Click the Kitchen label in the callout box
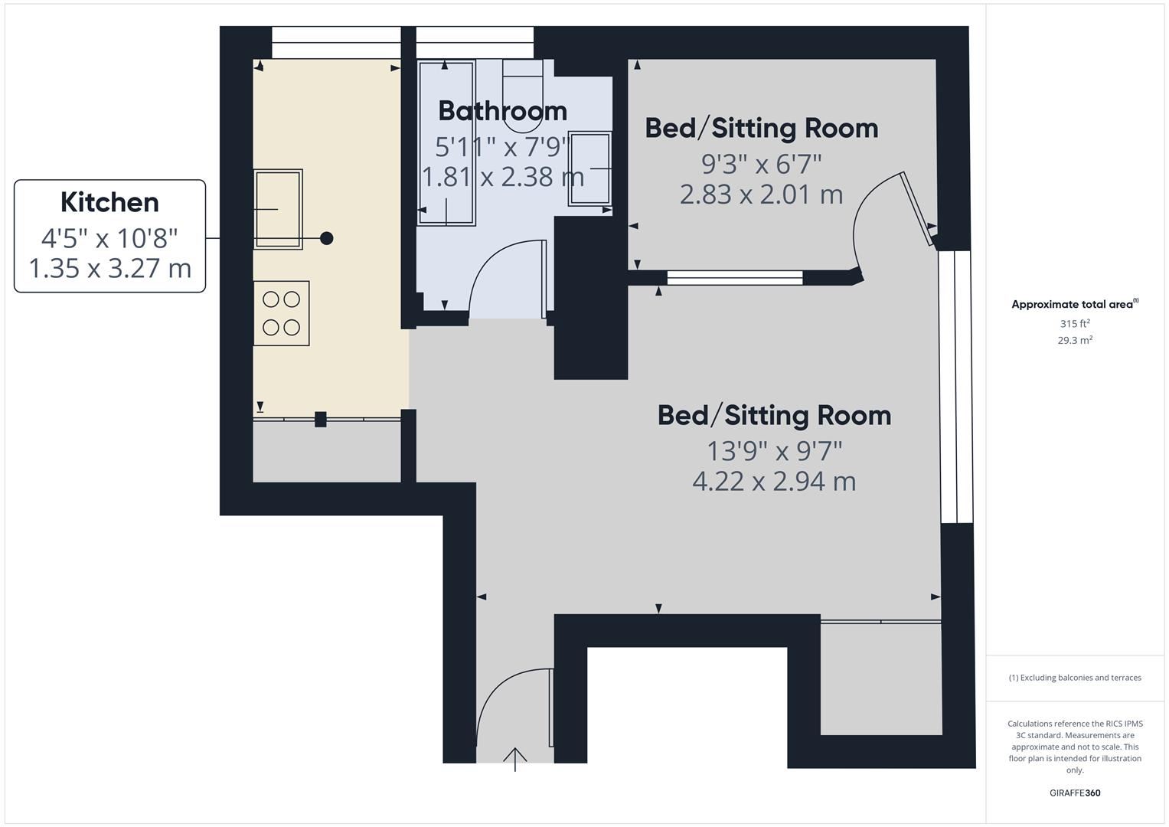[x=109, y=202]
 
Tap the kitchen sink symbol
[x=278, y=208]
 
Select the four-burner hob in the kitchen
[x=281, y=313]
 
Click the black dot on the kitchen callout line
[x=326, y=238]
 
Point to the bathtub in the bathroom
[x=446, y=142]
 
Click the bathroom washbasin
[x=589, y=168]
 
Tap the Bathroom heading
[x=502, y=111]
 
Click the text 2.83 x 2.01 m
[x=761, y=194]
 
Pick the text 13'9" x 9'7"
[x=773, y=451]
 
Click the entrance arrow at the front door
[x=515, y=759]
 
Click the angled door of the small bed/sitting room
[x=916, y=208]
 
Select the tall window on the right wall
[x=955, y=387]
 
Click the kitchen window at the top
[x=336, y=42]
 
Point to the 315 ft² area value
[x=1074, y=324]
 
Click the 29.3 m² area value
[x=1074, y=341]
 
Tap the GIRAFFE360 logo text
[x=1074, y=793]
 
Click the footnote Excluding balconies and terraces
[x=1074, y=678]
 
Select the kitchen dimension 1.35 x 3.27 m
[x=109, y=269]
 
